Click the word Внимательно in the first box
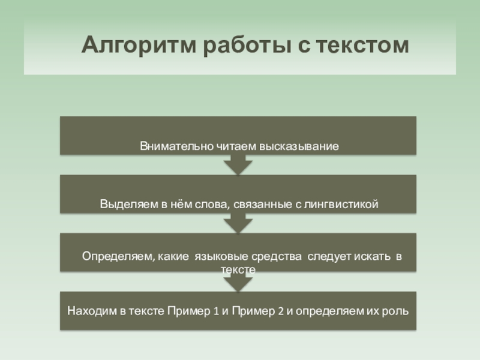pos(170,146)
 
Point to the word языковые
pos(218,257)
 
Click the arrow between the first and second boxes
pos(238,165)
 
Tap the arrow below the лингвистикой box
pos(238,224)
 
